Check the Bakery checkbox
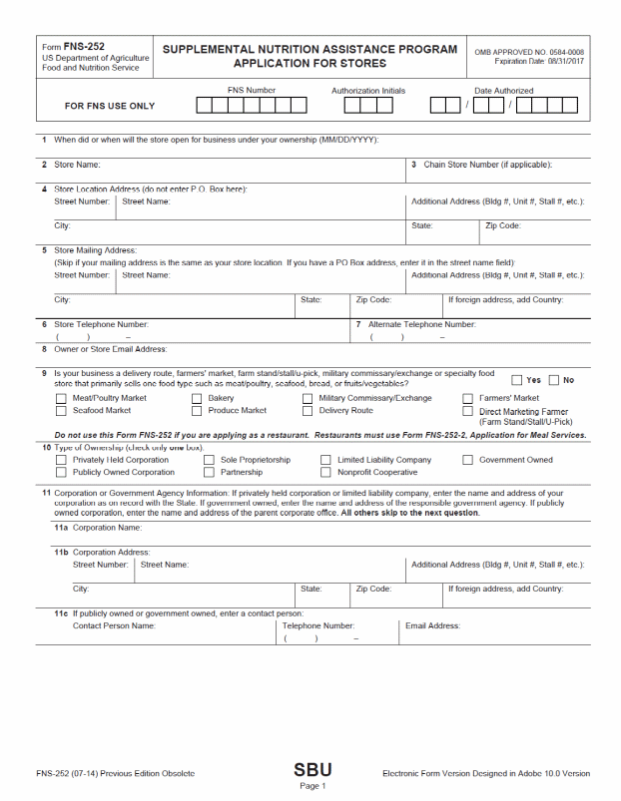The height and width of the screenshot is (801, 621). tap(197, 398)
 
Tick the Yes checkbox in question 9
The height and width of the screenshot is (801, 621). tap(516, 380)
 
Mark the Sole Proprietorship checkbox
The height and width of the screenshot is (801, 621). tap(210, 460)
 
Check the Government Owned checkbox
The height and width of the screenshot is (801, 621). tap(468, 460)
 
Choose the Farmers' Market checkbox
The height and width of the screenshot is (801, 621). tap(468, 398)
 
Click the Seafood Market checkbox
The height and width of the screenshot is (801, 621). tap(61, 410)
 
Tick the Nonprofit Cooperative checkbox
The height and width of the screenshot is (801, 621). tap(326, 472)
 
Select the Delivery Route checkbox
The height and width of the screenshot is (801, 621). tap(308, 410)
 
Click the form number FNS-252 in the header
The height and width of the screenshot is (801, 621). tap(83, 47)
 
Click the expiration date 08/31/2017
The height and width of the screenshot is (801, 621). tap(566, 62)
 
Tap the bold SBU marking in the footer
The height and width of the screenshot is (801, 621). tap(312, 769)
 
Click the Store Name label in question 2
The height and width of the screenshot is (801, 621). tap(77, 165)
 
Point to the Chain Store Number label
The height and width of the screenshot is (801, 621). tap(488, 165)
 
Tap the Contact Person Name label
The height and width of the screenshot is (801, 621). tap(114, 625)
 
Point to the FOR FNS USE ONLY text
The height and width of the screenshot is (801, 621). tap(110, 106)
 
